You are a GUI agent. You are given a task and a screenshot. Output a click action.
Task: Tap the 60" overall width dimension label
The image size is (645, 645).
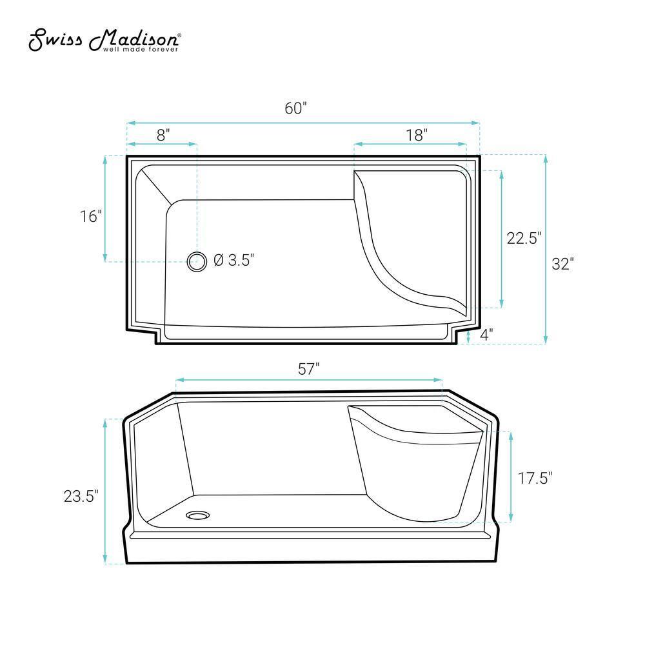(x=295, y=108)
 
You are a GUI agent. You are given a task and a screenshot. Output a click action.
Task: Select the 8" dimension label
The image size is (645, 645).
(x=163, y=135)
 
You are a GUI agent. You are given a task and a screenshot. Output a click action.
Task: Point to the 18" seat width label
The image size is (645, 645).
(x=417, y=135)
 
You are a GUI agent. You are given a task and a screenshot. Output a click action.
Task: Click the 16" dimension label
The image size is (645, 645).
(x=91, y=216)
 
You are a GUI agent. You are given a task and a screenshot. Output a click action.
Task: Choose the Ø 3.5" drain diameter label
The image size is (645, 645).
(x=233, y=261)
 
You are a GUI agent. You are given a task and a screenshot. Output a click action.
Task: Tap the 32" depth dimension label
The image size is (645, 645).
(x=562, y=264)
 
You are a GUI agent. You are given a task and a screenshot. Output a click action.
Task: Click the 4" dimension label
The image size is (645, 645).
(x=486, y=334)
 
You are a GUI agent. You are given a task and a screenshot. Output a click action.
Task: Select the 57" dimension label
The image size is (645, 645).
(x=309, y=369)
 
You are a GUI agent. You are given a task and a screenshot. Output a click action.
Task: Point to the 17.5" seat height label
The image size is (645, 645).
(x=535, y=478)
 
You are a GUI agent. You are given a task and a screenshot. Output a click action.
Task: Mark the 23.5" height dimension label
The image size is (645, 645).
(x=81, y=496)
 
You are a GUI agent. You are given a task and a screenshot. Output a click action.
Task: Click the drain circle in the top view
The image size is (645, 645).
(x=197, y=261)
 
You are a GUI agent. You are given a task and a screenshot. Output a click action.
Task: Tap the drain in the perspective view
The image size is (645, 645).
(x=197, y=515)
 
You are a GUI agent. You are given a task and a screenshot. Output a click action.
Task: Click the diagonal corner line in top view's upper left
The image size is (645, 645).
(x=155, y=186)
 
